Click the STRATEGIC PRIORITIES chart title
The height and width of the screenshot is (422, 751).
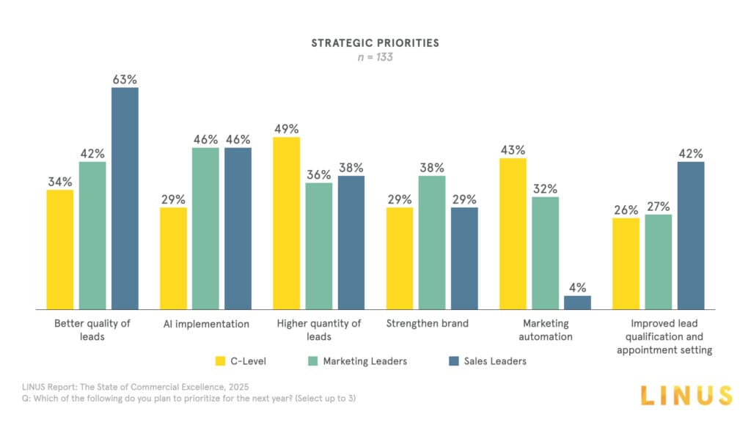(375, 42)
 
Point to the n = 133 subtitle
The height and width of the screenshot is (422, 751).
(375, 57)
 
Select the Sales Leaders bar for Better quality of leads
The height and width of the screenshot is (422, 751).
(125, 198)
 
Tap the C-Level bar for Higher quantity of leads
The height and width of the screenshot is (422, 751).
(286, 223)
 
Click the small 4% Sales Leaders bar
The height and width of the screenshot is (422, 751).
(577, 302)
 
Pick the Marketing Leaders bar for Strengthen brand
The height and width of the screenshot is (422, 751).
(431, 242)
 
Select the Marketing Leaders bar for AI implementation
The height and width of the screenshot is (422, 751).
(205, 228)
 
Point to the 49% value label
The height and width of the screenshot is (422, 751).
(286, 129)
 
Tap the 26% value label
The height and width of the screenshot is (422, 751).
(626, 210)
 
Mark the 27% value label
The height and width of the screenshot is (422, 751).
(658, 206)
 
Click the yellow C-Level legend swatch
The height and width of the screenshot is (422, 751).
(220, 360)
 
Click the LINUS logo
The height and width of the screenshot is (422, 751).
(686, 396)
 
